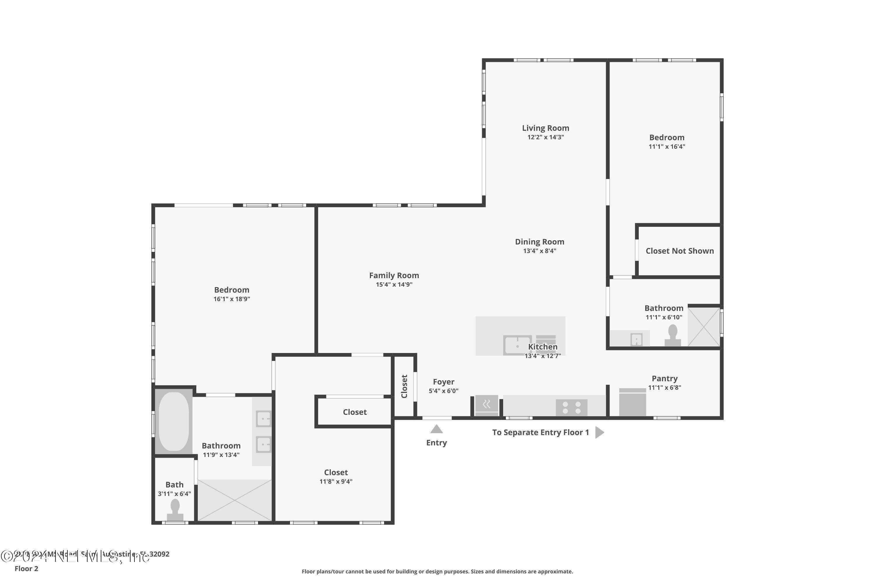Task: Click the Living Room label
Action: click(x=545, y=128)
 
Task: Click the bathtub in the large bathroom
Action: click(x=174, y=422)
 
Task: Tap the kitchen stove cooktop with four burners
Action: click(x=571, y=408)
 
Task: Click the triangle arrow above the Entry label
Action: click(x=436, y=429)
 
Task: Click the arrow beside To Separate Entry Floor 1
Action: click(x=599, y=432)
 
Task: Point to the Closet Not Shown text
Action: click(x=679, y=251)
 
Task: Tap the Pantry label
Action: click(x=664, y=378)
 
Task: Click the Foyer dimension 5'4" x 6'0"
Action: click(x=443, y=391)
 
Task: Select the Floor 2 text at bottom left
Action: click(x=27, y=568)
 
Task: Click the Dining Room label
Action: click(x=539, y=242)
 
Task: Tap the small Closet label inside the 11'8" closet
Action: click(x=355, y=412)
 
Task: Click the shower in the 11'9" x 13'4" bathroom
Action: click(x=235, y=500)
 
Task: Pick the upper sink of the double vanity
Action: click(x=263, y=419)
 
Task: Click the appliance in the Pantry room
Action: click(x=632, y=402)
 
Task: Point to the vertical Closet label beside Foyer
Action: click(x=404, y=386)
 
